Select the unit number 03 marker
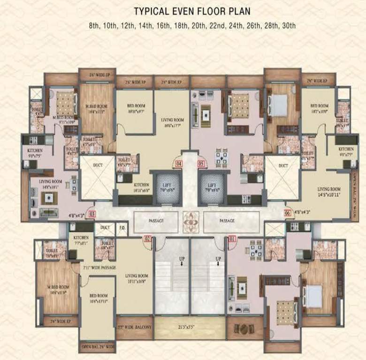92,214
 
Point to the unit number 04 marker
178,164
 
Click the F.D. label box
122,228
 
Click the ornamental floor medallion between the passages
191,220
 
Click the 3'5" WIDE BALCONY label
134,325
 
